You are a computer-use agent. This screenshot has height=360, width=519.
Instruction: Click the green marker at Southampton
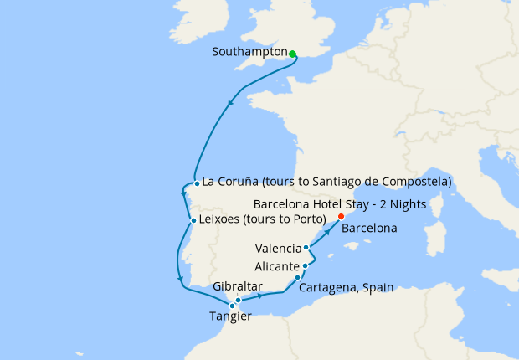pyautogui.click(x=292, y=54)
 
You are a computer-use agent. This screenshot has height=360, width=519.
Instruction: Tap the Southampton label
pyautogui.click(x=249, y=52)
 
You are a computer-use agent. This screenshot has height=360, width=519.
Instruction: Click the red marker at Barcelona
pyautogui.click(x=341, y=218)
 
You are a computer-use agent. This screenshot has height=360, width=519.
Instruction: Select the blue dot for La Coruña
pyautogui.click(x=196, y=183)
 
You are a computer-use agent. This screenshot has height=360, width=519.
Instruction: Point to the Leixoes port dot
pyautogui.click(x=193, y=222)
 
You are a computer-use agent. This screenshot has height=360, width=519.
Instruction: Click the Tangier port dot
pyautogui.click(x=232, y=306)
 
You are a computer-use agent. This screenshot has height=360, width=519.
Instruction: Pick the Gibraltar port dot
pyautogui.click(x=239, y=300)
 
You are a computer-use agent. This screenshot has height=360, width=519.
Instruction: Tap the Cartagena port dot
pyautogui.click(x=297, y=277)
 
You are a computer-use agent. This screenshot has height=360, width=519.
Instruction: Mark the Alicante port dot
pyautogui.click(x=305, y=266)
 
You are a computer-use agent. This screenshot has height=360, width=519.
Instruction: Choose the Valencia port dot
pyautogui.click(x=306, y=248)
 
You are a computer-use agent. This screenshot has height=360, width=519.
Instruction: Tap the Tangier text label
pyautogui.click(x=229, y=316)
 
